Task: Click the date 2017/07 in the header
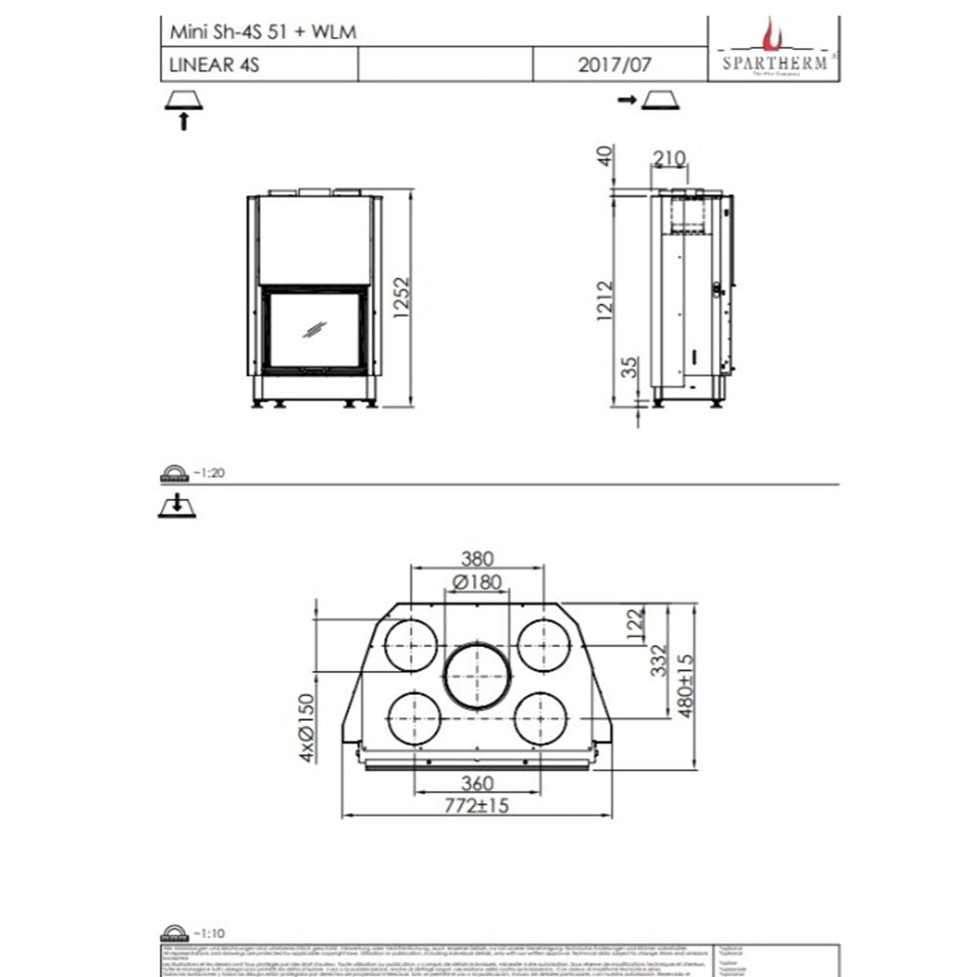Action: coord(614,65)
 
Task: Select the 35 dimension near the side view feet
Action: coord(630,369)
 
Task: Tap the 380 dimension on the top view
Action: coord(477,560)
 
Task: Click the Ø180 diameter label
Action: coord(477,583)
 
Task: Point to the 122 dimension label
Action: coord(636,622)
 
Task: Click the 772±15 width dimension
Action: coord(477,806)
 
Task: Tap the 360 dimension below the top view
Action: coord(477,784)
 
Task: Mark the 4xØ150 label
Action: coord(308,728)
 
